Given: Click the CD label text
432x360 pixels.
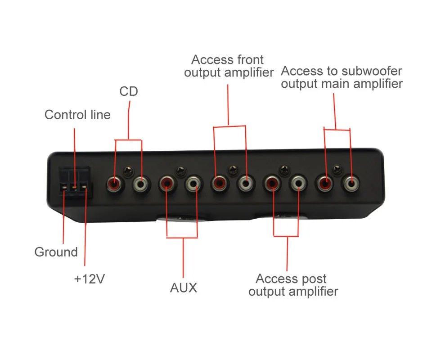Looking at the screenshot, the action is point(129,91).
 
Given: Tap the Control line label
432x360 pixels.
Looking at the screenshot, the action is point(77,115).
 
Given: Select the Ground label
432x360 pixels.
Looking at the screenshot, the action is point(56,252).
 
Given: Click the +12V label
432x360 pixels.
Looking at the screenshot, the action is point(89,279).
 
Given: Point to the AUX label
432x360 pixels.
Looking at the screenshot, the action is point(184,288).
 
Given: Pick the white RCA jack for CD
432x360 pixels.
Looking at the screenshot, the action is point(141,184).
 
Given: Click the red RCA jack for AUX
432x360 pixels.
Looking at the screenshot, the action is point(167,183).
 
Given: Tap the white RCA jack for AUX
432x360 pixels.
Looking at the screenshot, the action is point(193,184).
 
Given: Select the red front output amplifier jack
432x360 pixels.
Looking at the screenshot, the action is point(219,183).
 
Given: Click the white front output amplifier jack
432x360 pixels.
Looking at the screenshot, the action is point(245,183).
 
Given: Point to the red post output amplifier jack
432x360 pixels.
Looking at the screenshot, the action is point(272,183).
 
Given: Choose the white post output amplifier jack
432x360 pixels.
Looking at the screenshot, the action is point(298,183).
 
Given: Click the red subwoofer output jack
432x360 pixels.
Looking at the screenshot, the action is point(324,183).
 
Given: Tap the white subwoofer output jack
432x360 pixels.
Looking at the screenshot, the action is point(351,183).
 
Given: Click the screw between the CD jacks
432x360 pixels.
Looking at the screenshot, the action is point(128,171).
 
